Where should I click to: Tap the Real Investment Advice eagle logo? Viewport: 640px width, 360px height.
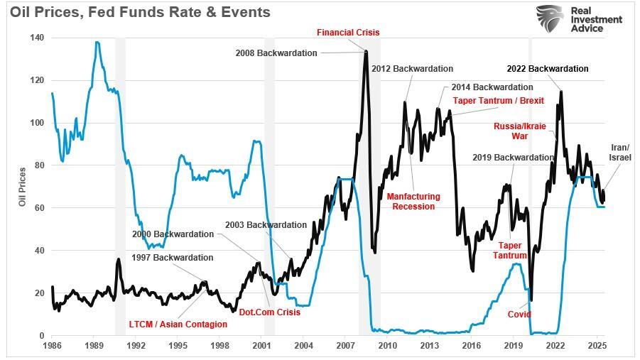pos(549,19)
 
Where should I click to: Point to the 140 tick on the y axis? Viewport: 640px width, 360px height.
pos(37,38)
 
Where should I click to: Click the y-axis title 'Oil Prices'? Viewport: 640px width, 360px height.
pos(23,187)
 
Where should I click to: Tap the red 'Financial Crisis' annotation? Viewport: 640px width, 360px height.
pos(348,33)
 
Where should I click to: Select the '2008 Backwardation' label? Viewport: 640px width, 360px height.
pos(276,53)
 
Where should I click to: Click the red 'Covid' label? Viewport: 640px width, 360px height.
pos(519,314)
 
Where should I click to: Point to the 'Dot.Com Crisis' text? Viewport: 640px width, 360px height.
pos(269,312)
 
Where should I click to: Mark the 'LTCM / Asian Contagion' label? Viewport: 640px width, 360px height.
pos(178,324)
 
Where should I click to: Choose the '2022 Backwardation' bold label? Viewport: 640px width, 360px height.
pos(547,69)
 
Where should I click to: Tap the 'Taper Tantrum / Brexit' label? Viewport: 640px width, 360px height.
pos(498,101)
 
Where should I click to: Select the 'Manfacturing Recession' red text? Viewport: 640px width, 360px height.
pos(413,201)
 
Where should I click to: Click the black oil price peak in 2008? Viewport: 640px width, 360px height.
pos(366,51)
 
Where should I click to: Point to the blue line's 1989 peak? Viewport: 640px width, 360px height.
pos(97,43)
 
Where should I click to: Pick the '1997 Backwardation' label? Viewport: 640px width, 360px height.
pos(173,258)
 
